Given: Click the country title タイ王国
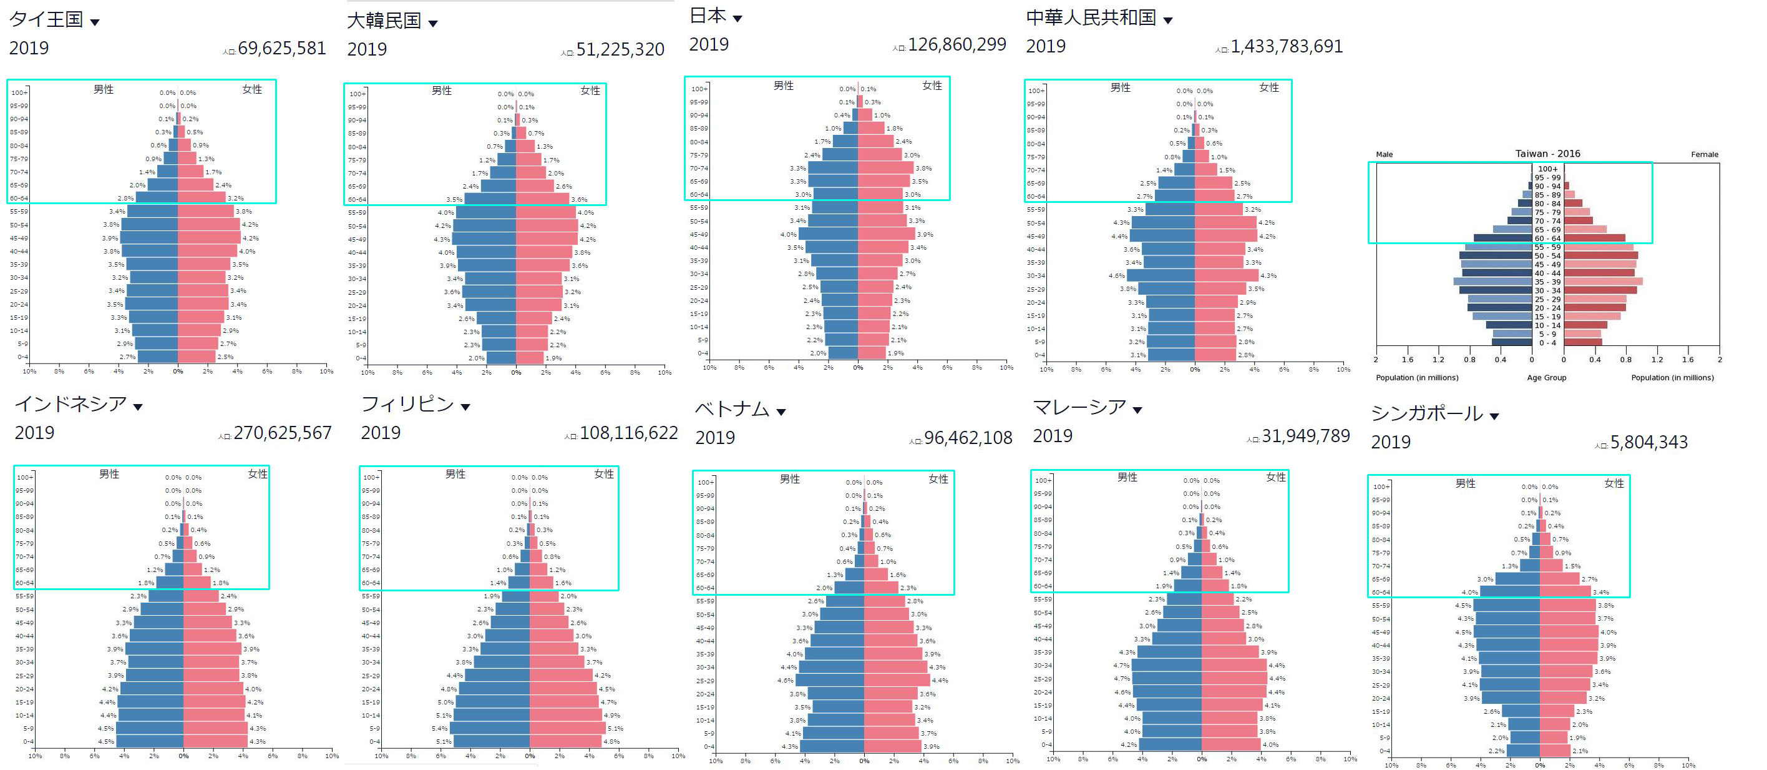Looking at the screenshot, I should pos(46,19).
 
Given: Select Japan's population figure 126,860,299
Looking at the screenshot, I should pos(957,44).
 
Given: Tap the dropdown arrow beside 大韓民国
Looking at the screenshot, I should pos(433,24).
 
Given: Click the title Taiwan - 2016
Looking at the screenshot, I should pos(1547,154).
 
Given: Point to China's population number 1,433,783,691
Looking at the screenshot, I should pos(1286,47).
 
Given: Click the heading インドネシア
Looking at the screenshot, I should pos(71,404).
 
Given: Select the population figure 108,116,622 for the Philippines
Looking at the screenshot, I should pos(628,433).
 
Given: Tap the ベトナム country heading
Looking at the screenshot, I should pos(732,409).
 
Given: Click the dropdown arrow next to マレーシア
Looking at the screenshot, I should pos(1137,410).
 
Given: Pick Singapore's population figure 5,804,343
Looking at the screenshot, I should pos(1648,443).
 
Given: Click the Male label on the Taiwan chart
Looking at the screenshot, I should pos(1385,154).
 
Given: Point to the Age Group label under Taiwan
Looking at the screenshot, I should pos(1546,377).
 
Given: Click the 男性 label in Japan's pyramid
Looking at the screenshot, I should pos(783,86).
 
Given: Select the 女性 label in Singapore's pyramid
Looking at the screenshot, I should pos(1614,484).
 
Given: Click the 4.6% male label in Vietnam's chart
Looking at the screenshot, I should pos(785,681).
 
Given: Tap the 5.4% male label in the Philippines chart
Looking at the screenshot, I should pos(439,729).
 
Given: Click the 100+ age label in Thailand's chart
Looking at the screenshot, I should pos(19,92).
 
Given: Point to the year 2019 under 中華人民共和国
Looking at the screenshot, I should pos(1045,47).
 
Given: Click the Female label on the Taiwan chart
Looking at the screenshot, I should pos(1704,154).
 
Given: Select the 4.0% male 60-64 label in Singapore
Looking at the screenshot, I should pos(1469,592).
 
